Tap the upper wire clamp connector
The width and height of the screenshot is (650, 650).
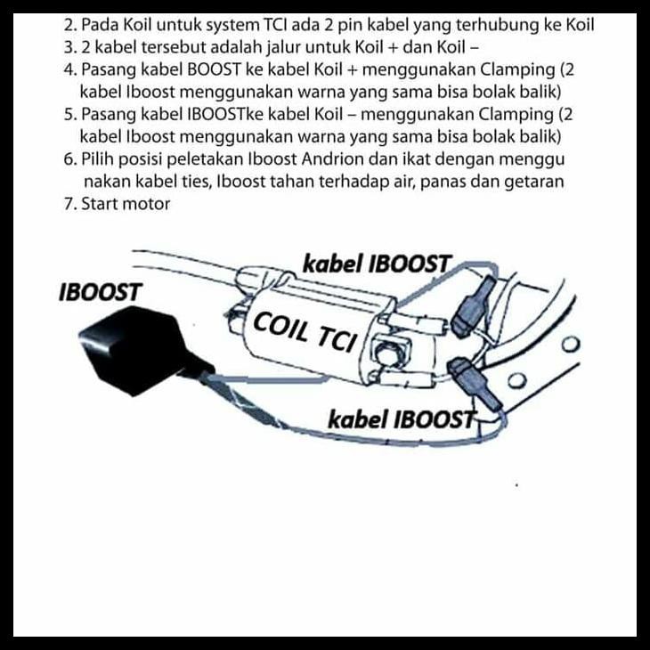(471, 306)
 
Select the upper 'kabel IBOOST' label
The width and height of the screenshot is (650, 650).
(377, 264)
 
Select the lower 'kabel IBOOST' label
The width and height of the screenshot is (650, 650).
(402, 418)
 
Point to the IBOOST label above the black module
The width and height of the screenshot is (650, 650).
(99, 293)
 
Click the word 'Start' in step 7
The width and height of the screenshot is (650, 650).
(101, 204)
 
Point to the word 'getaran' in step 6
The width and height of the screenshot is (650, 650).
(532, 182)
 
